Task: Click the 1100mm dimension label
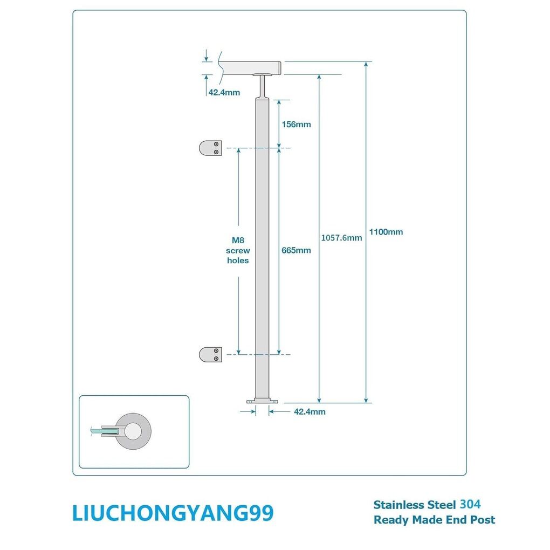coord(386,232)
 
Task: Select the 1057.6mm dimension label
coord(341,237)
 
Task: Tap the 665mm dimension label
coord(296,250)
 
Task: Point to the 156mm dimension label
coord(296,125)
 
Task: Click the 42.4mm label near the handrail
coord(224,92)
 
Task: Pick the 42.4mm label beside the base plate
coord(310,412)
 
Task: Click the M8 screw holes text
coord(237,251)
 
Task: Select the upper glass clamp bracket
coord(210,148)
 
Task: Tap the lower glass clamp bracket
coord(210,354)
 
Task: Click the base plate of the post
coord(262,401)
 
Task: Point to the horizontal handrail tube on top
coord(251,68)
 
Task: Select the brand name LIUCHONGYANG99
coord(173,513)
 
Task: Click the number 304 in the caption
coord(470,504)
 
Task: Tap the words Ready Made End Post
coord(434,520)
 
